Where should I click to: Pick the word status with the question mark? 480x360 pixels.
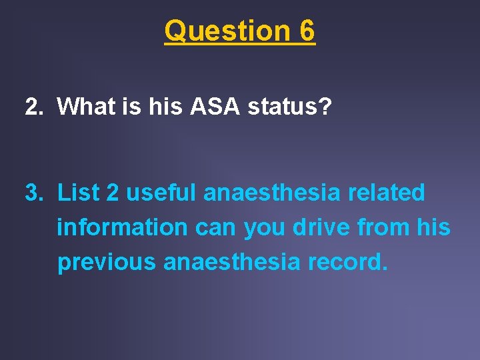(293, 106)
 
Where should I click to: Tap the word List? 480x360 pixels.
(78, 193)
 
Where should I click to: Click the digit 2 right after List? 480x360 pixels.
(113, 193)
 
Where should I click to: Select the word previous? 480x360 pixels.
(106, 262)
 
